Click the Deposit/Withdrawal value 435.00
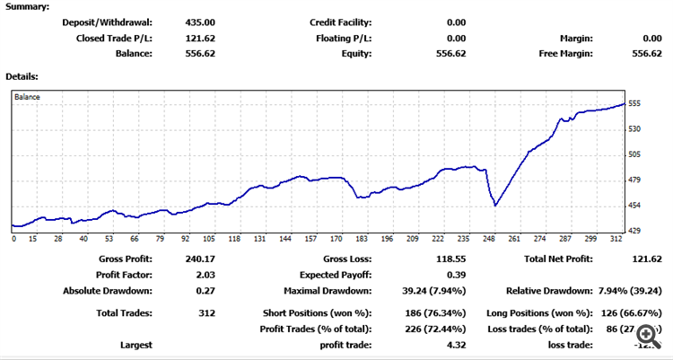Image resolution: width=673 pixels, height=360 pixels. click(x=199, y=22)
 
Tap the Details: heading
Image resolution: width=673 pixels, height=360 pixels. click(x=22, y=77)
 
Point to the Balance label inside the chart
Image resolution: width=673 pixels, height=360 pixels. click(x=27, y=96)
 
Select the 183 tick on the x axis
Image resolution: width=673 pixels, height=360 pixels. click(x=361, y=239)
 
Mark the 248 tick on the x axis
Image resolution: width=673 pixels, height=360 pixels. click(x=489, y=239)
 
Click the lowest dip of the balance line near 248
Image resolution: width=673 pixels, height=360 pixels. click(x=495, y=206)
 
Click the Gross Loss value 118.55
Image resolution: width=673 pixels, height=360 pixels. click(x=449, y=259)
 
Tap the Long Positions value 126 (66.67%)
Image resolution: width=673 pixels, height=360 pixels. click(x=629, y=312)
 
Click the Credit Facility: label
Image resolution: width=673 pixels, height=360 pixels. click(x=340, y=22)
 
